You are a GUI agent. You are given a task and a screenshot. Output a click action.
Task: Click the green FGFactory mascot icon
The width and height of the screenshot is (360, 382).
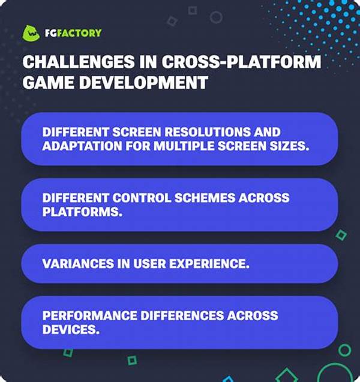point(31,33)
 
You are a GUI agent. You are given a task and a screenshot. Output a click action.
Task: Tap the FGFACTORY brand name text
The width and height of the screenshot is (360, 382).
point(73,33)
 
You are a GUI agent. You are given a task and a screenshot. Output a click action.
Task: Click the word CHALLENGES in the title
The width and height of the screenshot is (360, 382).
point(78,62)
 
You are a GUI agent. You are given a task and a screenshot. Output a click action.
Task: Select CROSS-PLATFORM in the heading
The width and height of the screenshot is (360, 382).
point(241,62)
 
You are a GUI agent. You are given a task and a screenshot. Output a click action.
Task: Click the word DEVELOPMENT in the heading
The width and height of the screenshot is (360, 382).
point(143,82)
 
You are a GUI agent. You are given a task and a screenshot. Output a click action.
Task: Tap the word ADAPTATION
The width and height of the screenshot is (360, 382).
point(82,146)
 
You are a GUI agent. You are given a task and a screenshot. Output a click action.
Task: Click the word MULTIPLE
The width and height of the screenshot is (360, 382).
point(184,146)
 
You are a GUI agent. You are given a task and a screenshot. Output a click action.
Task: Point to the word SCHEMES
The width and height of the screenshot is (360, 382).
point(205,198)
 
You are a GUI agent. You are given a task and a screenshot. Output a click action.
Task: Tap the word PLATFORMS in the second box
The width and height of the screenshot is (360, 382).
point(82,212)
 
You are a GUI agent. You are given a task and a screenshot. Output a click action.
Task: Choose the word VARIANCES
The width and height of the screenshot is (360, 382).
point(78,264)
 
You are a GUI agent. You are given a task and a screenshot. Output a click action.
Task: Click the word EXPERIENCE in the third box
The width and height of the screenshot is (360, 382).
point(209,264)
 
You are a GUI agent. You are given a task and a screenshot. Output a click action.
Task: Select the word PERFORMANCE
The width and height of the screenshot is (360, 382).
point(89,315)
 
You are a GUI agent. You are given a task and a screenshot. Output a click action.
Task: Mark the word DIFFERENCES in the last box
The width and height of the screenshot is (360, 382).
point(182,315)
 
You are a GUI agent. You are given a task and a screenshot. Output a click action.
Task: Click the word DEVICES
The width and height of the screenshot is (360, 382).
point(71,330)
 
